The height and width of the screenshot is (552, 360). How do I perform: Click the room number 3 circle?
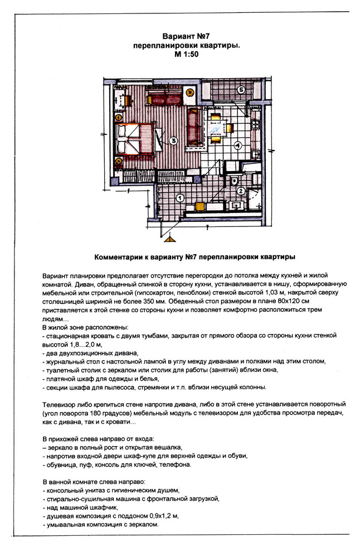tap(173, 141)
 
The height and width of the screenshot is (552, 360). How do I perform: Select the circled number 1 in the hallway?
tap(179, 197)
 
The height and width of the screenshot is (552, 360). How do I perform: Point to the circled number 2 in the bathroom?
tap(241, 191)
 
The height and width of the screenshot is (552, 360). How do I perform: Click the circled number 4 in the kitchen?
tap(237, 146)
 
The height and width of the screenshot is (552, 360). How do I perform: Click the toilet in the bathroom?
tap(235, 181)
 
